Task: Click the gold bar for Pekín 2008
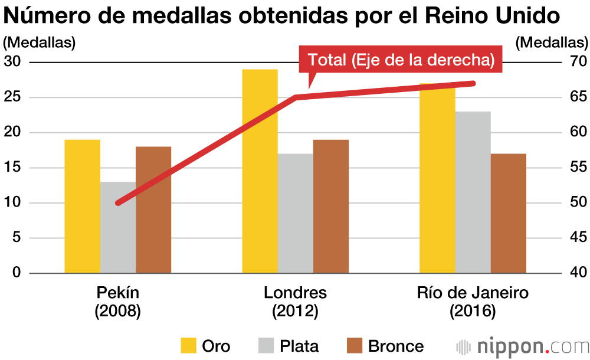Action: pyautogui.click(x=82, y=207)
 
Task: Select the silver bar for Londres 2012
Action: pyautogui.click(x=295, y=214)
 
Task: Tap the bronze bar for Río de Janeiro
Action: pyautogui.click(x=508, y=214)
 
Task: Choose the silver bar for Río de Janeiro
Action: pyautogui.click(x=473, y=192)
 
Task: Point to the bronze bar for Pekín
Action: pyautogui.click(x=153, y=210)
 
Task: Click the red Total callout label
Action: pyautogui.click(x=401, y=60)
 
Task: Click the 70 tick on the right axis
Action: pyautogui.click(x=577, y=62)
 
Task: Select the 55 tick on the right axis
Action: pyautogui.click(x=577, y=168)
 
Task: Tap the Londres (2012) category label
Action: pyautogui.click(x=295, y=302)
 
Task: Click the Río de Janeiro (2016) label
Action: pyautogui.click(x=473, y=302)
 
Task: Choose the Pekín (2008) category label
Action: pyautogui.click(x=118, y=302)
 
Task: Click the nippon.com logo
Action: pyautogui.click(x=522, y=346)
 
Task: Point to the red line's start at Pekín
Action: pyautogui.click(x=118, y=203)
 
